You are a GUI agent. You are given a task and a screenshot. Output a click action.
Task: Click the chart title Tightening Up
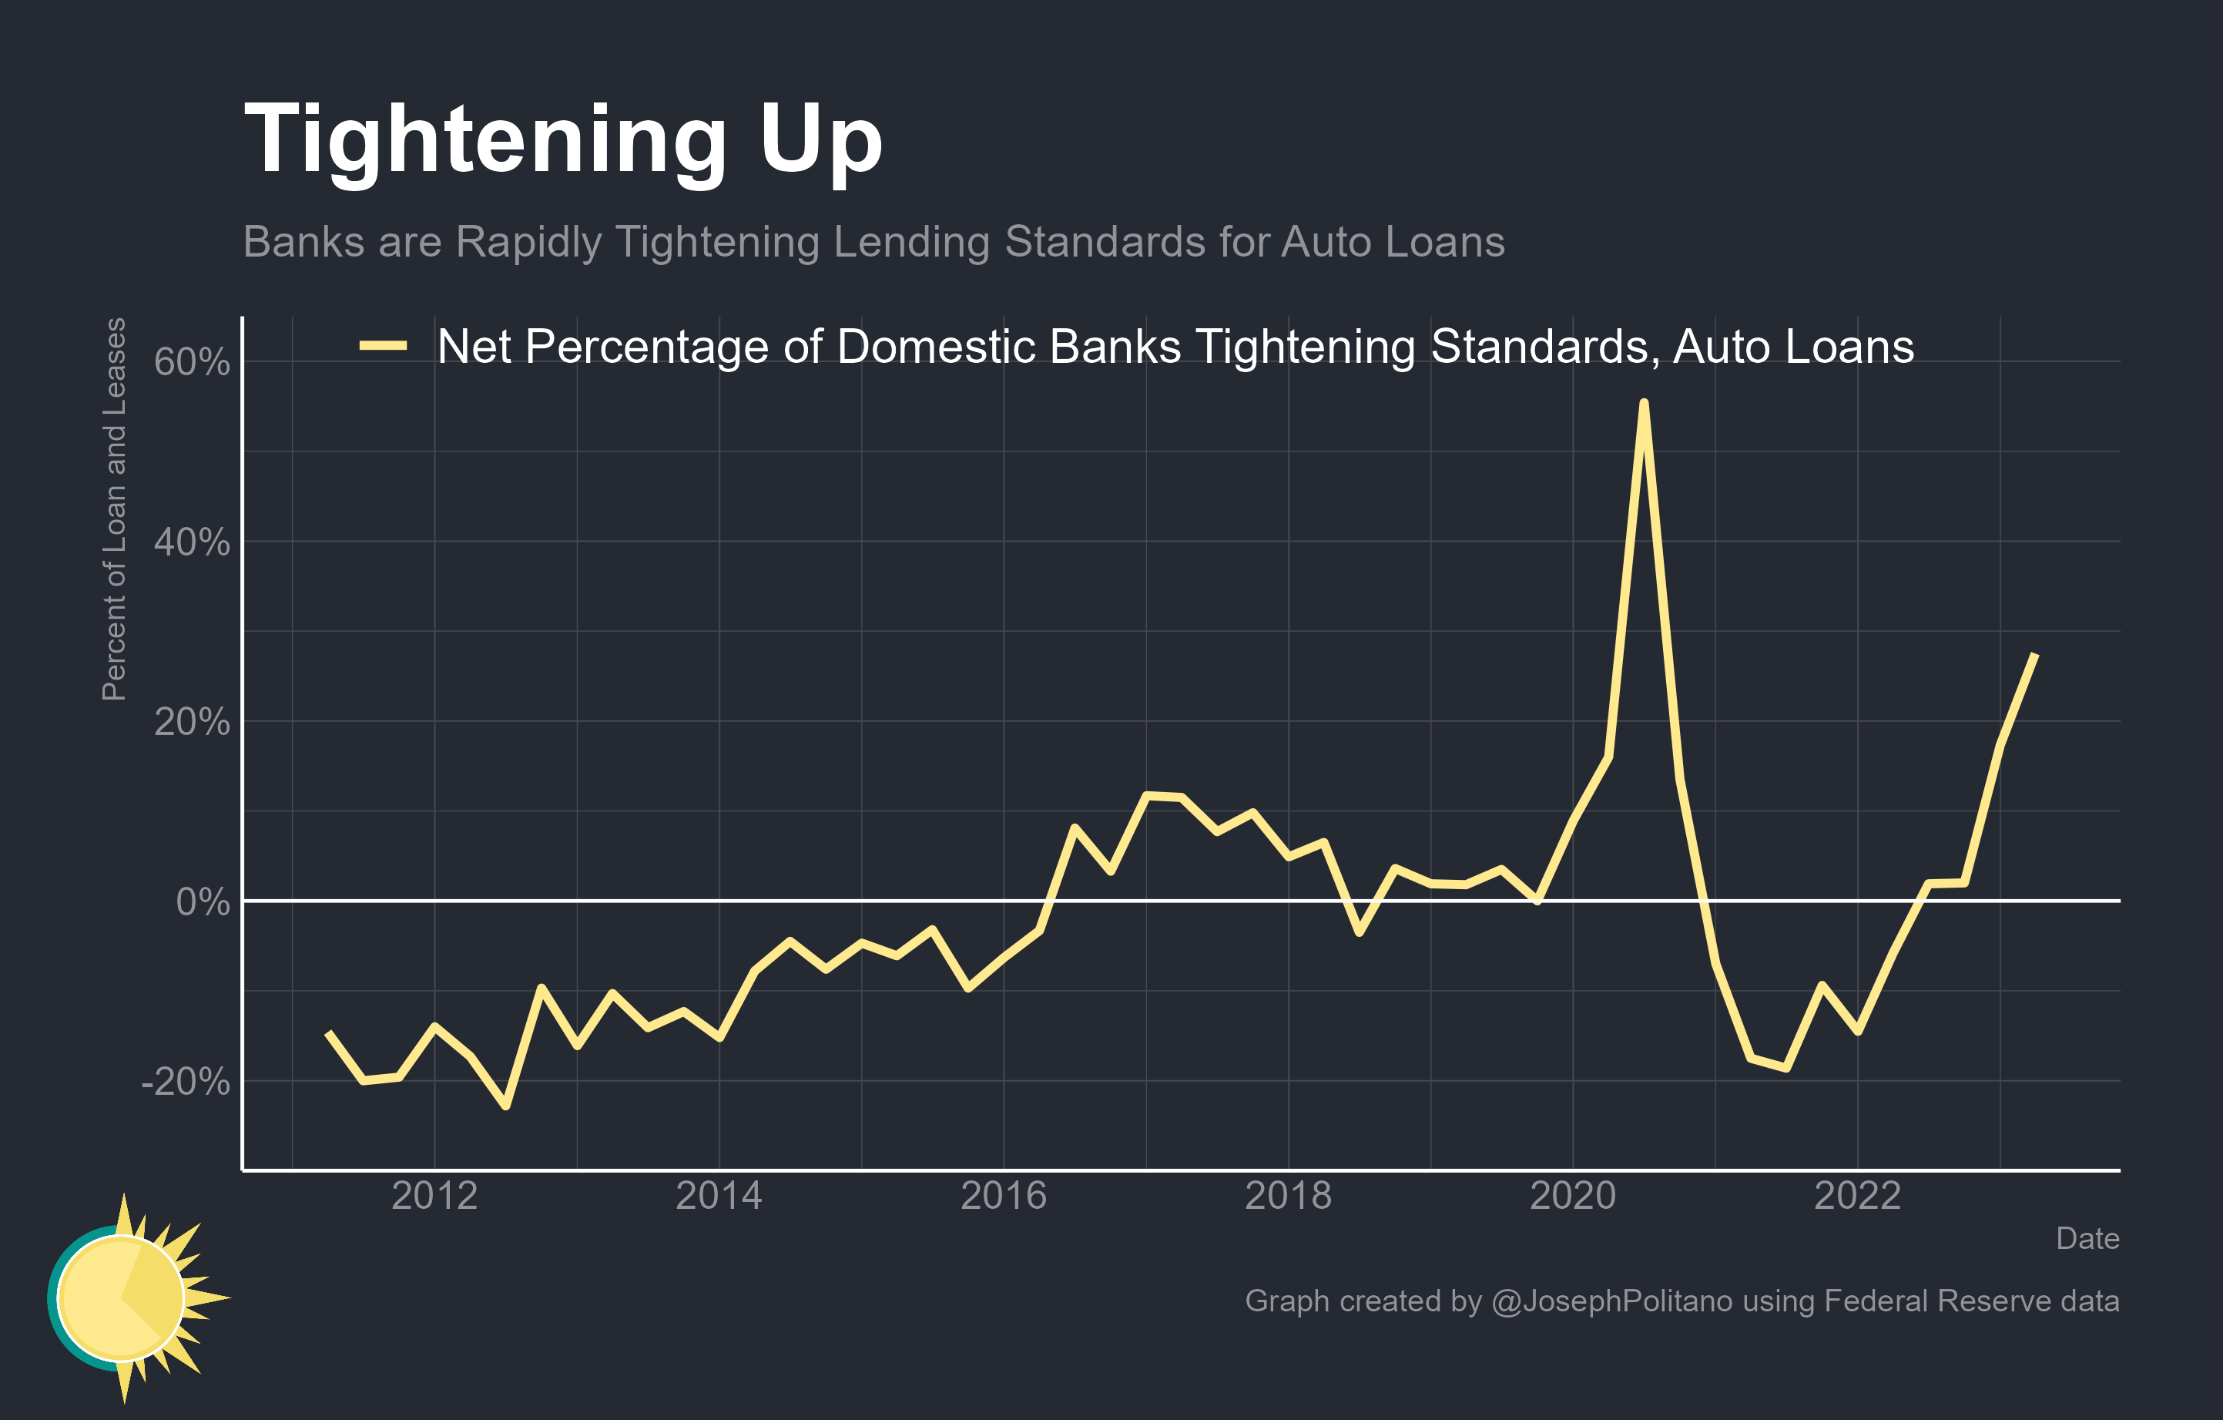[x=563, y=140]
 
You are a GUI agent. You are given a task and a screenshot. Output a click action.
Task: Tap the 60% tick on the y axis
[x=192, y=363]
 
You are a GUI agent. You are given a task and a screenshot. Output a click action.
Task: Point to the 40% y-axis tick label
[x=192, y=543]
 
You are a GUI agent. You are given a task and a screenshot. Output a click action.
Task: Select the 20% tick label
[x=192, y=722]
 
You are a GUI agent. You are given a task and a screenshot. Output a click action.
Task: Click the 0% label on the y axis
[x=202, y=902]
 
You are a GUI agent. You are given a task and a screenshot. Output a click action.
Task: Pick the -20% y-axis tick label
[x=186, y=1082]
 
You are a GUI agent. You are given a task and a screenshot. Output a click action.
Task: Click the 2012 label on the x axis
[x=434, y=1197]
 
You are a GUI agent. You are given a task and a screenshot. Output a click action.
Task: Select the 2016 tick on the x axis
[x=1004, y=1197]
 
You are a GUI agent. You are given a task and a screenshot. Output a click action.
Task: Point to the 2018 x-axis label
[x=1288, y=1197]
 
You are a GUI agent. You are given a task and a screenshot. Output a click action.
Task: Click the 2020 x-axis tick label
[x=1573, y=1197]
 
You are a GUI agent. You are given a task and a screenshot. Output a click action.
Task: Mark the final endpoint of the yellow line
[x=2036, y=655]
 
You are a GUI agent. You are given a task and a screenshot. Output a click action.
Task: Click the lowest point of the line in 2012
[x=506, y=1105]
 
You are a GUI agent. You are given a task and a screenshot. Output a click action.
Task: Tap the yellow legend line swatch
[x=383, y=346]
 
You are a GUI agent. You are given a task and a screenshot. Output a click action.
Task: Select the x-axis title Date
[x=2087, y=1239]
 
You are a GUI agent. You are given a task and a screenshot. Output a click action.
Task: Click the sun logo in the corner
[x=129, y=1297]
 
